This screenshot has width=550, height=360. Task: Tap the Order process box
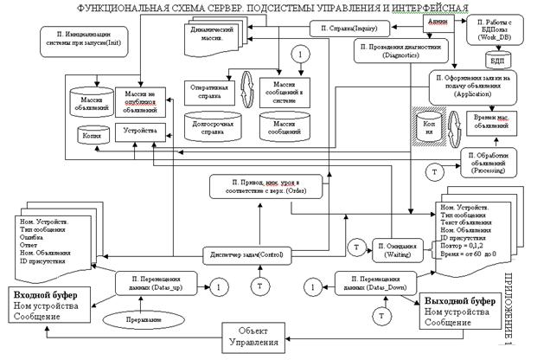pyautogui.click(x=271, y=185)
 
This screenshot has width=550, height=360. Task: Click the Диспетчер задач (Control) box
pyautogui.click(x=247, y=254)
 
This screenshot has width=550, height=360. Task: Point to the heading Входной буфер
pyautogui.click(x=45, y=297)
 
